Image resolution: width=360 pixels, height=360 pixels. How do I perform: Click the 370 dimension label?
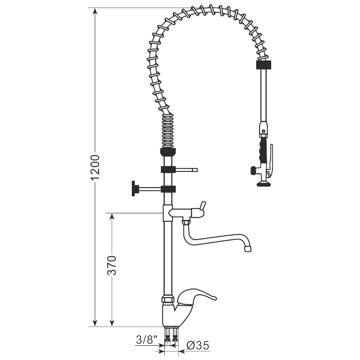point(111,265)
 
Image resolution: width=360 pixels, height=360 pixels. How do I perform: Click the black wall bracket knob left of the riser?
point(132,189)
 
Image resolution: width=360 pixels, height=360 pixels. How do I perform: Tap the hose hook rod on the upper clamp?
point(187,169)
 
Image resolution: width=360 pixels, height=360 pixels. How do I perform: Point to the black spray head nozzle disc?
point(263,182)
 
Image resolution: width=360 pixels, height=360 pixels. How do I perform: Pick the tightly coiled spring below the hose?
point(168,131)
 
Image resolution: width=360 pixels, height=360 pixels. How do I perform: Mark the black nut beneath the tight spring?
point(169,152)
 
